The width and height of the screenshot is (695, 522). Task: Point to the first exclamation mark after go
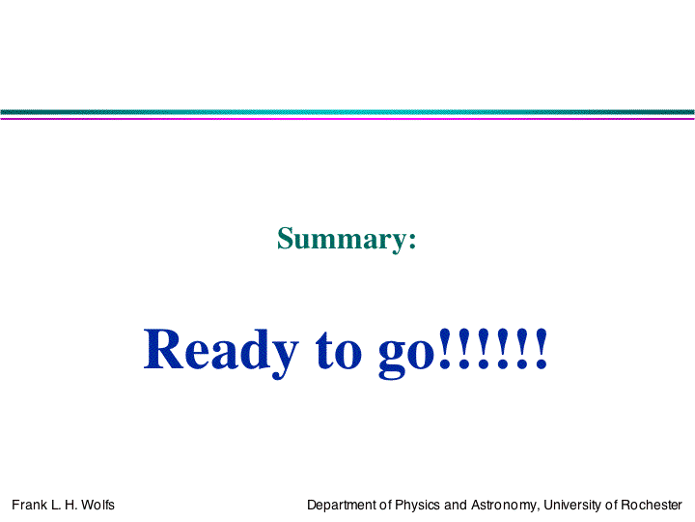[x=445, y=348]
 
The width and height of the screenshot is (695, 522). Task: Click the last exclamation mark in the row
[x=542, y=348]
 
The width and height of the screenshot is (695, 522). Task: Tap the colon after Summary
[x=412, y=241]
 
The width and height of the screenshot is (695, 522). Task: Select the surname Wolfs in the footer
[x=97, y=505]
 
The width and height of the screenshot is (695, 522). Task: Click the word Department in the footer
[x=342, y=506]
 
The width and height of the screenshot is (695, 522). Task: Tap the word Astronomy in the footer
[x=505, y=506]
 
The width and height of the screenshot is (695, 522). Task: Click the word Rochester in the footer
[x=652, y=505]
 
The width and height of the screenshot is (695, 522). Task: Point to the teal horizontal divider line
[x=347, y=112]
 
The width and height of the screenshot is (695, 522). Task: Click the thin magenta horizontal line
[x=347, y=119]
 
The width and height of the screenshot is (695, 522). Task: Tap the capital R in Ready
[x=163, y=349]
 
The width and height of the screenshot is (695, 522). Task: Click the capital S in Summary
[x=286, y=238]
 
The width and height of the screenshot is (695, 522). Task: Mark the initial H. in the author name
[x=70, y=505]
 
